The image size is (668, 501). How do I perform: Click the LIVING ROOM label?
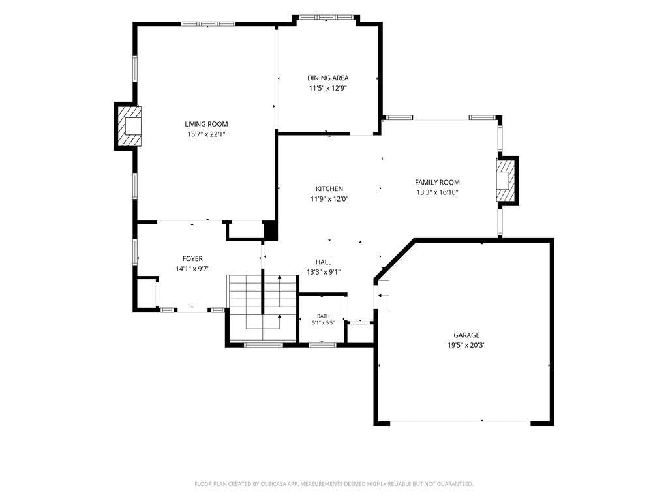(x=206, y=124)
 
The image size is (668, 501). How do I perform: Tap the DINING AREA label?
(x=328, y=78)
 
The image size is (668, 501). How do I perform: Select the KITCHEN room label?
(x=329, y=189)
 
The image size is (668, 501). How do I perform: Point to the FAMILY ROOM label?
(x=437, y=183)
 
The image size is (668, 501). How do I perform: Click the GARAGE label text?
(x=466, y=335)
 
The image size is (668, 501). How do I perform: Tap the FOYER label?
(x=192, y=258)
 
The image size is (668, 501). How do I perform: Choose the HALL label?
(x=324, y=262)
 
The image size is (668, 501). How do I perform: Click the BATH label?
(x=324, y=316)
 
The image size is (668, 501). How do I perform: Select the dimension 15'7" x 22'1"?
(x=206, y=134)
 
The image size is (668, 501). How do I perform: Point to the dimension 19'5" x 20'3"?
(x=466, y=346)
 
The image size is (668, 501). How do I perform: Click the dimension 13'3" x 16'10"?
(x=437, y=192)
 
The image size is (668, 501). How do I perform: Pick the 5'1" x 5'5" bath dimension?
(x=324, y=322)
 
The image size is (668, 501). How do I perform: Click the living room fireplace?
(x=128, y=126)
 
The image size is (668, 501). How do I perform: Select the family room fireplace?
(x=507, y=181)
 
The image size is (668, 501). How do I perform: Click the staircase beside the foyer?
(x=262, y=308)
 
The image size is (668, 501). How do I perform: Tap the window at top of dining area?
(x=326, y=18)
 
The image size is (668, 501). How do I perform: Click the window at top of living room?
(x=208, y=24)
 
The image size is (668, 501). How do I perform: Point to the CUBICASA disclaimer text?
(x=333, y=484)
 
